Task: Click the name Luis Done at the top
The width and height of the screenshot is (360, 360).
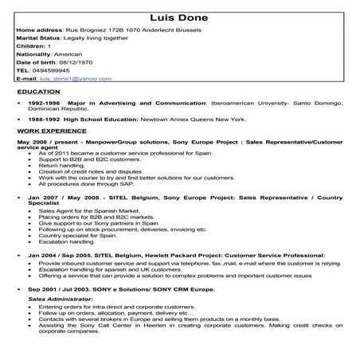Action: coord(180,18)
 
